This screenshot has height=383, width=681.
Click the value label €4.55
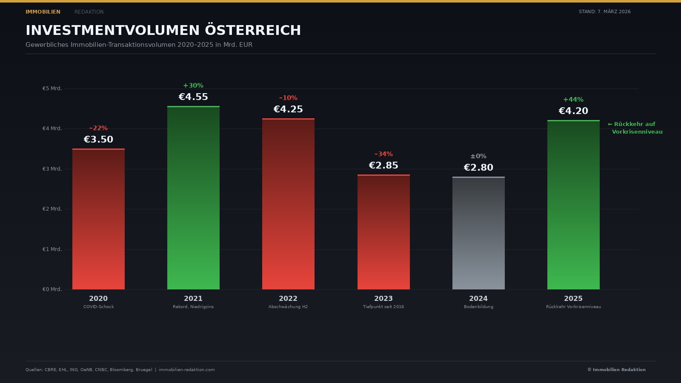[193, 97]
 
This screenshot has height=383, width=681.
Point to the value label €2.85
[383, 166]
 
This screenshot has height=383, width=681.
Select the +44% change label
[573, 100]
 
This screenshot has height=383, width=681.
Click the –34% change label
[383, 154]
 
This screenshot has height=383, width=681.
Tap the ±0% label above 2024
[478, 156]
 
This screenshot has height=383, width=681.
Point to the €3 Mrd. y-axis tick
[52, 169]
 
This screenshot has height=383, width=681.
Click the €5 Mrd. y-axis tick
[52, 89]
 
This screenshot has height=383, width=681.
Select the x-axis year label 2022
[288, 299]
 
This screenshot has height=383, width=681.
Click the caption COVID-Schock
[98, 307]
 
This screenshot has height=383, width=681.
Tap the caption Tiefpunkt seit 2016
[383, 307]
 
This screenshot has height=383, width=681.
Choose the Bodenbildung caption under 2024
[478, 307]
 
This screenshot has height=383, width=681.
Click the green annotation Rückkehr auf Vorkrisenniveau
[635, 128]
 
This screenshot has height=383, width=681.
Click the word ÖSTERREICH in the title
[253, 30]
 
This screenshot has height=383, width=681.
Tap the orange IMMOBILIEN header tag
[43, 12]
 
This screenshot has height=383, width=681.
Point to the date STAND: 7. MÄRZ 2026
[604, 12]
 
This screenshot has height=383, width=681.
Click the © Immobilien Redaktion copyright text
[616, 369]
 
